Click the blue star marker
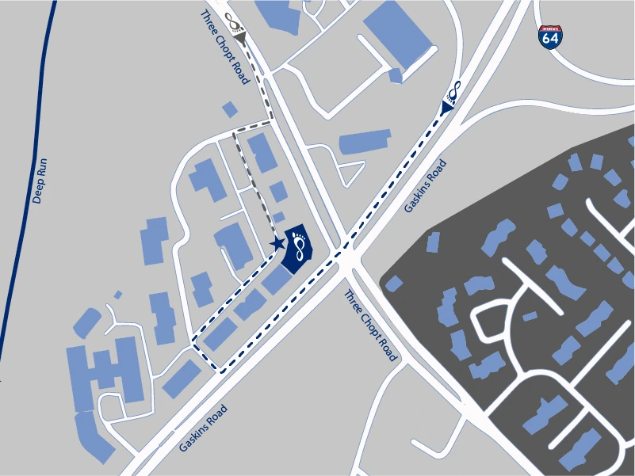(277, 243)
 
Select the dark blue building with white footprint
(298, 248)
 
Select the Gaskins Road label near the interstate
(426, 187)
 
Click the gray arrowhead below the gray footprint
(239, 36)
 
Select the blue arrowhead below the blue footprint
(446, 106)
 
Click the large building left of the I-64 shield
(397, 36)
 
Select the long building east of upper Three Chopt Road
(364, 143)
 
